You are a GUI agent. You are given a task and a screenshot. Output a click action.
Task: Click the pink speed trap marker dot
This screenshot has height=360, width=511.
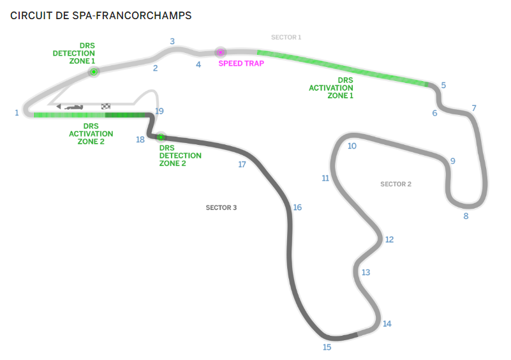[x=221, y=52]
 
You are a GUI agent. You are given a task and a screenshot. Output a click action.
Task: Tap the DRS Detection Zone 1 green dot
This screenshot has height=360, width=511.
[x=94, y=71]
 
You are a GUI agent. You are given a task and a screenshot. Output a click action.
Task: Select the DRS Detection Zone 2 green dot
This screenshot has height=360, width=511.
[x=161, y=137]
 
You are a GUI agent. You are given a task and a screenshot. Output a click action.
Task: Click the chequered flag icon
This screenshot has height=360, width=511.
[x=106, y=107]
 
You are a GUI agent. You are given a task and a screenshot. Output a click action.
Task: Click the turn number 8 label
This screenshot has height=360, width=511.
[x=466, y=216]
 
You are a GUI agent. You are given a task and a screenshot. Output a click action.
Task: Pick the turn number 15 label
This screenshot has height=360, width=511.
[x=327, y=347]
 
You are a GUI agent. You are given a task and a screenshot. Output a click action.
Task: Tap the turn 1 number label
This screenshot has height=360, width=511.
[x=17, y=113]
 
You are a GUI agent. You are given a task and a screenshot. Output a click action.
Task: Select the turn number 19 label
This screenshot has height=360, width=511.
[x=159, y=111]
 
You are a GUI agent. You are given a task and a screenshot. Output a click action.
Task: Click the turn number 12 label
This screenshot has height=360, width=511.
[x=389, y=239]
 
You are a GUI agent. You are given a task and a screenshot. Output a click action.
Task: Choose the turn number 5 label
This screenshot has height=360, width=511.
[x=443, y=85]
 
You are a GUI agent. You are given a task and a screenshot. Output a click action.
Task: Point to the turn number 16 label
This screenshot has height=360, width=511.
[x=297, y=207]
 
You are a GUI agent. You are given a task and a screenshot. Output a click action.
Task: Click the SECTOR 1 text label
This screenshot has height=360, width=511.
[x=286, y=37]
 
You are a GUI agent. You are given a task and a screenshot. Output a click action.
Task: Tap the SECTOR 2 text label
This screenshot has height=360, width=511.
[x=396, y=184]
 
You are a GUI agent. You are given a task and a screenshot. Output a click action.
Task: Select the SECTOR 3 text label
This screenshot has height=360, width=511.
[x=221, y=207]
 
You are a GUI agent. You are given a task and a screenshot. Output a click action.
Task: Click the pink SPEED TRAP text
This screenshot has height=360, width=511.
[x=241, y=63]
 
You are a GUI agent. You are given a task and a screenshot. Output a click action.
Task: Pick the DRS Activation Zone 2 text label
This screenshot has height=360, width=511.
[x=91, y=133]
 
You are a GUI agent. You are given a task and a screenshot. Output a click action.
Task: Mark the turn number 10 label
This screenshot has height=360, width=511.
[x=352, y=146]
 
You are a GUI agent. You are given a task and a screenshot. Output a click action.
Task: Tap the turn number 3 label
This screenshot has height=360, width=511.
[x=172, y=41]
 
